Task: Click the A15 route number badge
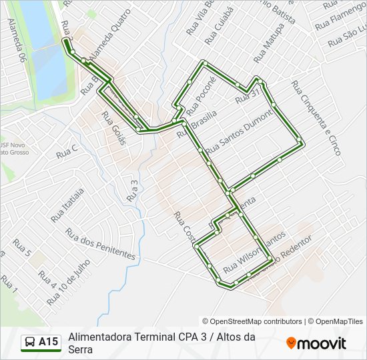[x=48, y=342]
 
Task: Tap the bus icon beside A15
[x=30, y=342]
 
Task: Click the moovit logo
[x=316, y=343]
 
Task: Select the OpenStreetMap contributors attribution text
[x=252, y=321]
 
